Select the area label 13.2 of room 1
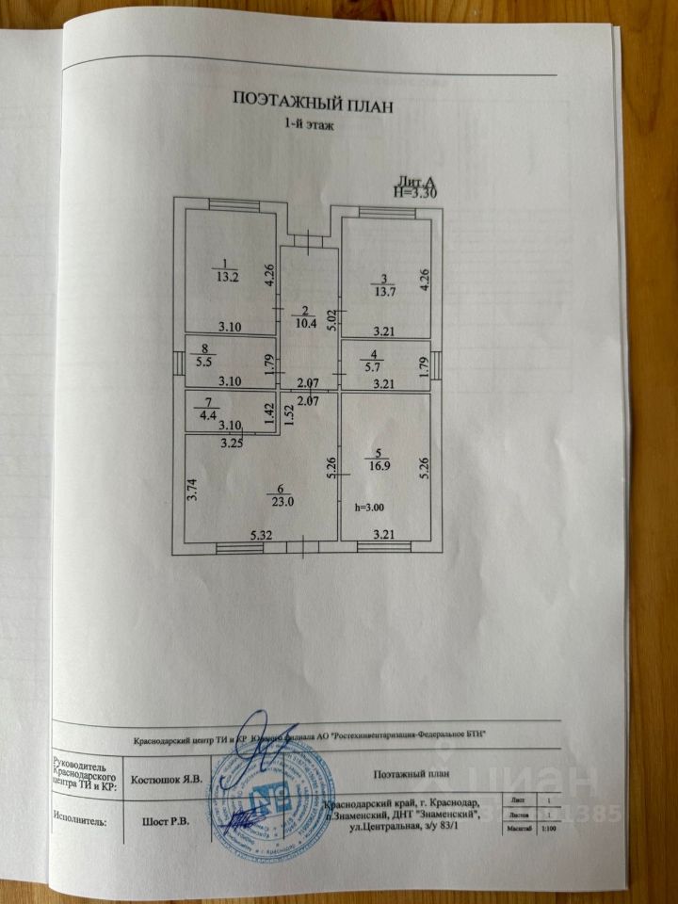(x=225, y=277)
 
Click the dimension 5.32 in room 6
(x=262, y=535)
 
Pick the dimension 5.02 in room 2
(x=331, y=318)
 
